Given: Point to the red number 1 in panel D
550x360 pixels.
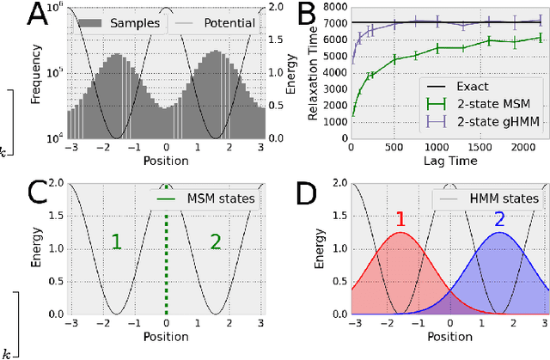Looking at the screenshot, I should pyautogui.click(x=400, y=219).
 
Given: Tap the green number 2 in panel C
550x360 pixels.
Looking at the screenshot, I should pyautogui.click(x=216, y=242).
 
